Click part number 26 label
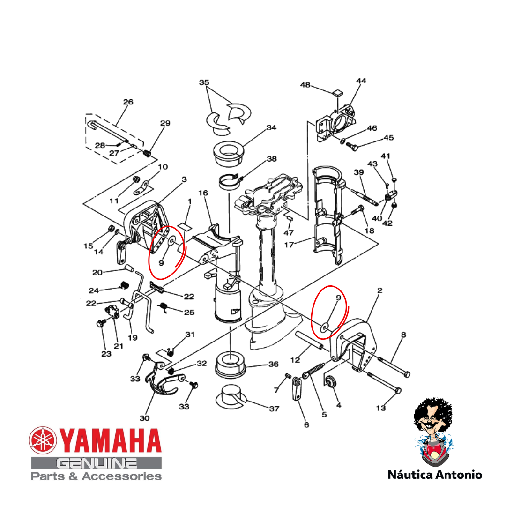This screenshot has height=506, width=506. point(128,102)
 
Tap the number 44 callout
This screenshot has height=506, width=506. point(361,81)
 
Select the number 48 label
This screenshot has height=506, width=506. point(305,85)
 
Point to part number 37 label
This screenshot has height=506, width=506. point(274,409)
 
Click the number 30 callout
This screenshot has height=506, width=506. point(144,418)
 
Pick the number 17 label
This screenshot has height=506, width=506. point(289,245)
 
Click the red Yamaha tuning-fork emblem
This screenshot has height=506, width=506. point(43,440)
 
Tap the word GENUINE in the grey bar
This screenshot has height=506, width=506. point(96,463)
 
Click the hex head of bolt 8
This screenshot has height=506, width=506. point(407,375)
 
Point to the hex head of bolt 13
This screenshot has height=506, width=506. point(398,391)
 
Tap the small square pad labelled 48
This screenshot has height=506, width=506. point(337,93)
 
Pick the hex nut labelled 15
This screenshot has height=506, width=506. point(111,229)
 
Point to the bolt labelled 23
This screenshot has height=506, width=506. point(100,323)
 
